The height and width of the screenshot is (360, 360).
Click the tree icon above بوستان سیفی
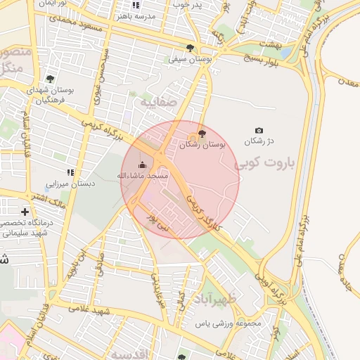click(x=191, y=48)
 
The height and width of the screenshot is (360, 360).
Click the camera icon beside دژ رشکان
click(x=259, y=131)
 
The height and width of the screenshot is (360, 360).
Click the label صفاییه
click(x=156, y=103)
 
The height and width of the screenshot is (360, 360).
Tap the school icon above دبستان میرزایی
click(x=70, y=172)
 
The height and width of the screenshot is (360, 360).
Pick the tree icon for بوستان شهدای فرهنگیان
click(x=50, y=79)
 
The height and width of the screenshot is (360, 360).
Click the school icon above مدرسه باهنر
click(x=136, y=5)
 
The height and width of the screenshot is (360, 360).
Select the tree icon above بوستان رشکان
click(x=202, y=133)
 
